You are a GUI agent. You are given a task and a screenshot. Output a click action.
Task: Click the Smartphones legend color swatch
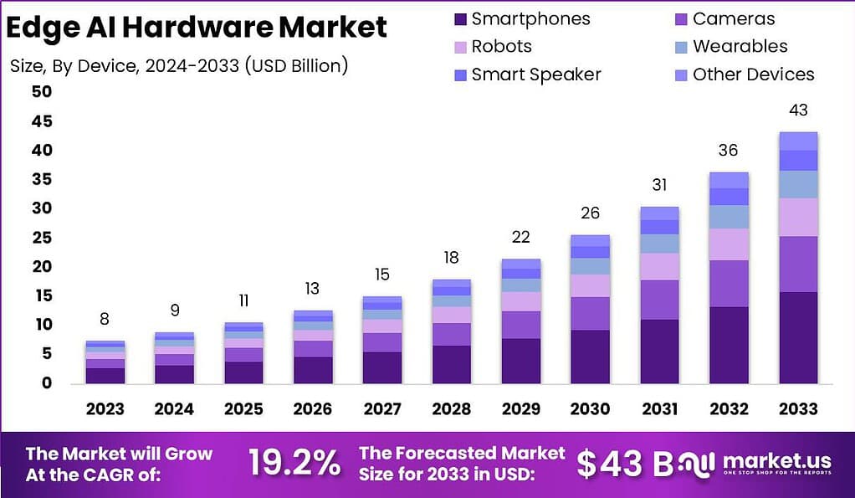pyautogui.click(x=458, y=19)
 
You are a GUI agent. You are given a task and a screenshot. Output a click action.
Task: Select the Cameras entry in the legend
pyautogui.click(x=734, y=19)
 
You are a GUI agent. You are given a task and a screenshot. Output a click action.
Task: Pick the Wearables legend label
pyautogui.click(x=740, y=47)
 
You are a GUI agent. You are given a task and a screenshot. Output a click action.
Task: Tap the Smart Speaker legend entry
pyautogui.click(x=535, y=74)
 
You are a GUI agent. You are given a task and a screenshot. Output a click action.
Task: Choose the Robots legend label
pyautogui.click(x=501, y=47)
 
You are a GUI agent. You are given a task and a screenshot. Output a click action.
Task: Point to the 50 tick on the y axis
pyautogui.click(x=18, y=92)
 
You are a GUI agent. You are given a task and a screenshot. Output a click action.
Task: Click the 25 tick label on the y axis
pyautogui.click(x=18, y=238)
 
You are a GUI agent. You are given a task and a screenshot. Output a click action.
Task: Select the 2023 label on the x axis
pyautogui.click(x=105, y=409)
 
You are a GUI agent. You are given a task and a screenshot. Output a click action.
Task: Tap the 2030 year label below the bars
pyautogui.click(x=590, y=409)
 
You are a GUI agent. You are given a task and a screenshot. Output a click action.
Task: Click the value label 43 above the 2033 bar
pyautogui.click(x=797, y=110)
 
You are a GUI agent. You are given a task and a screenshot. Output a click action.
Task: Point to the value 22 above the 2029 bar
pyautogui.click(x=520, y=238)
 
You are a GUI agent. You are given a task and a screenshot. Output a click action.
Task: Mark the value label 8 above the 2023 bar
pyautogui.click(x=105, y=319)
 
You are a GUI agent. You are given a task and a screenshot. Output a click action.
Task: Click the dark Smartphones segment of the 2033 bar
pyautogui.click(x=797, y=337)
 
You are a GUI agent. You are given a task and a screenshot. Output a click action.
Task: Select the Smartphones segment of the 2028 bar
pyautogui.click(x=451, y=364)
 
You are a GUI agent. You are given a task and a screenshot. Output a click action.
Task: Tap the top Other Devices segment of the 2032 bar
pyautogui.click(x=729, y=180)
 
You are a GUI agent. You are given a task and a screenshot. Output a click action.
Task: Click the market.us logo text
pyautogui.click(x=776, y=461)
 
